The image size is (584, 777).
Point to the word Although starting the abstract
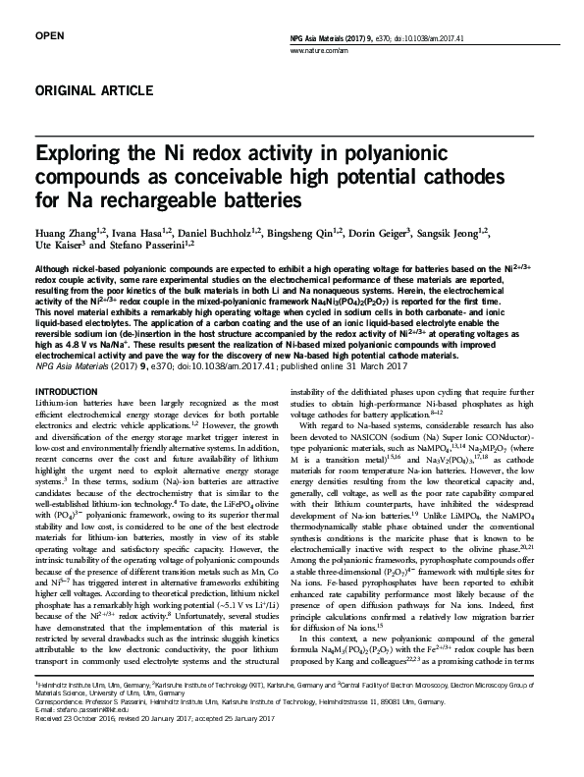[54, 268]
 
